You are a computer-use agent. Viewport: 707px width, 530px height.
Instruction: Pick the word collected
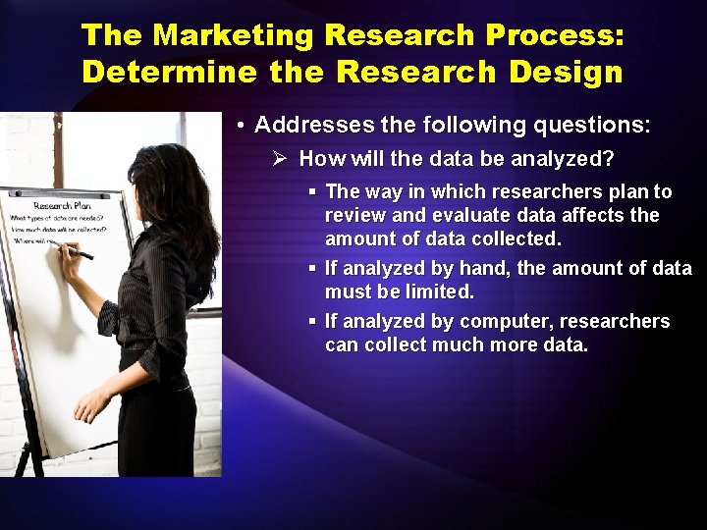(516, 238)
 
